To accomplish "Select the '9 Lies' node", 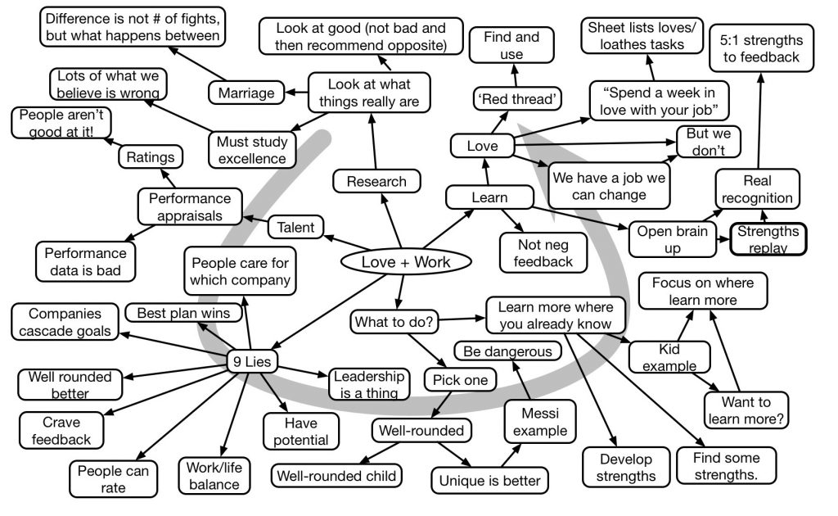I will [x=253, y=361].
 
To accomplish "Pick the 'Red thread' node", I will [x=507, y=99].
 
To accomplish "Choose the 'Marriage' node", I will [x=246, y=93].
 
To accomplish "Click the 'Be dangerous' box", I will [x=507, y=351].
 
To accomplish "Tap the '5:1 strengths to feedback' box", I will [x=761, y=48].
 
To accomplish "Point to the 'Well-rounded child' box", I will [x=336, y=475].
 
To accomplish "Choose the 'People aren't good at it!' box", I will [x=62, y=124].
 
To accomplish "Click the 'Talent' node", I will [x=295, y=227].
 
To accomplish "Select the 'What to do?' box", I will [x=391, y=321].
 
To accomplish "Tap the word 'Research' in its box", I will [x=376, y=181].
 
